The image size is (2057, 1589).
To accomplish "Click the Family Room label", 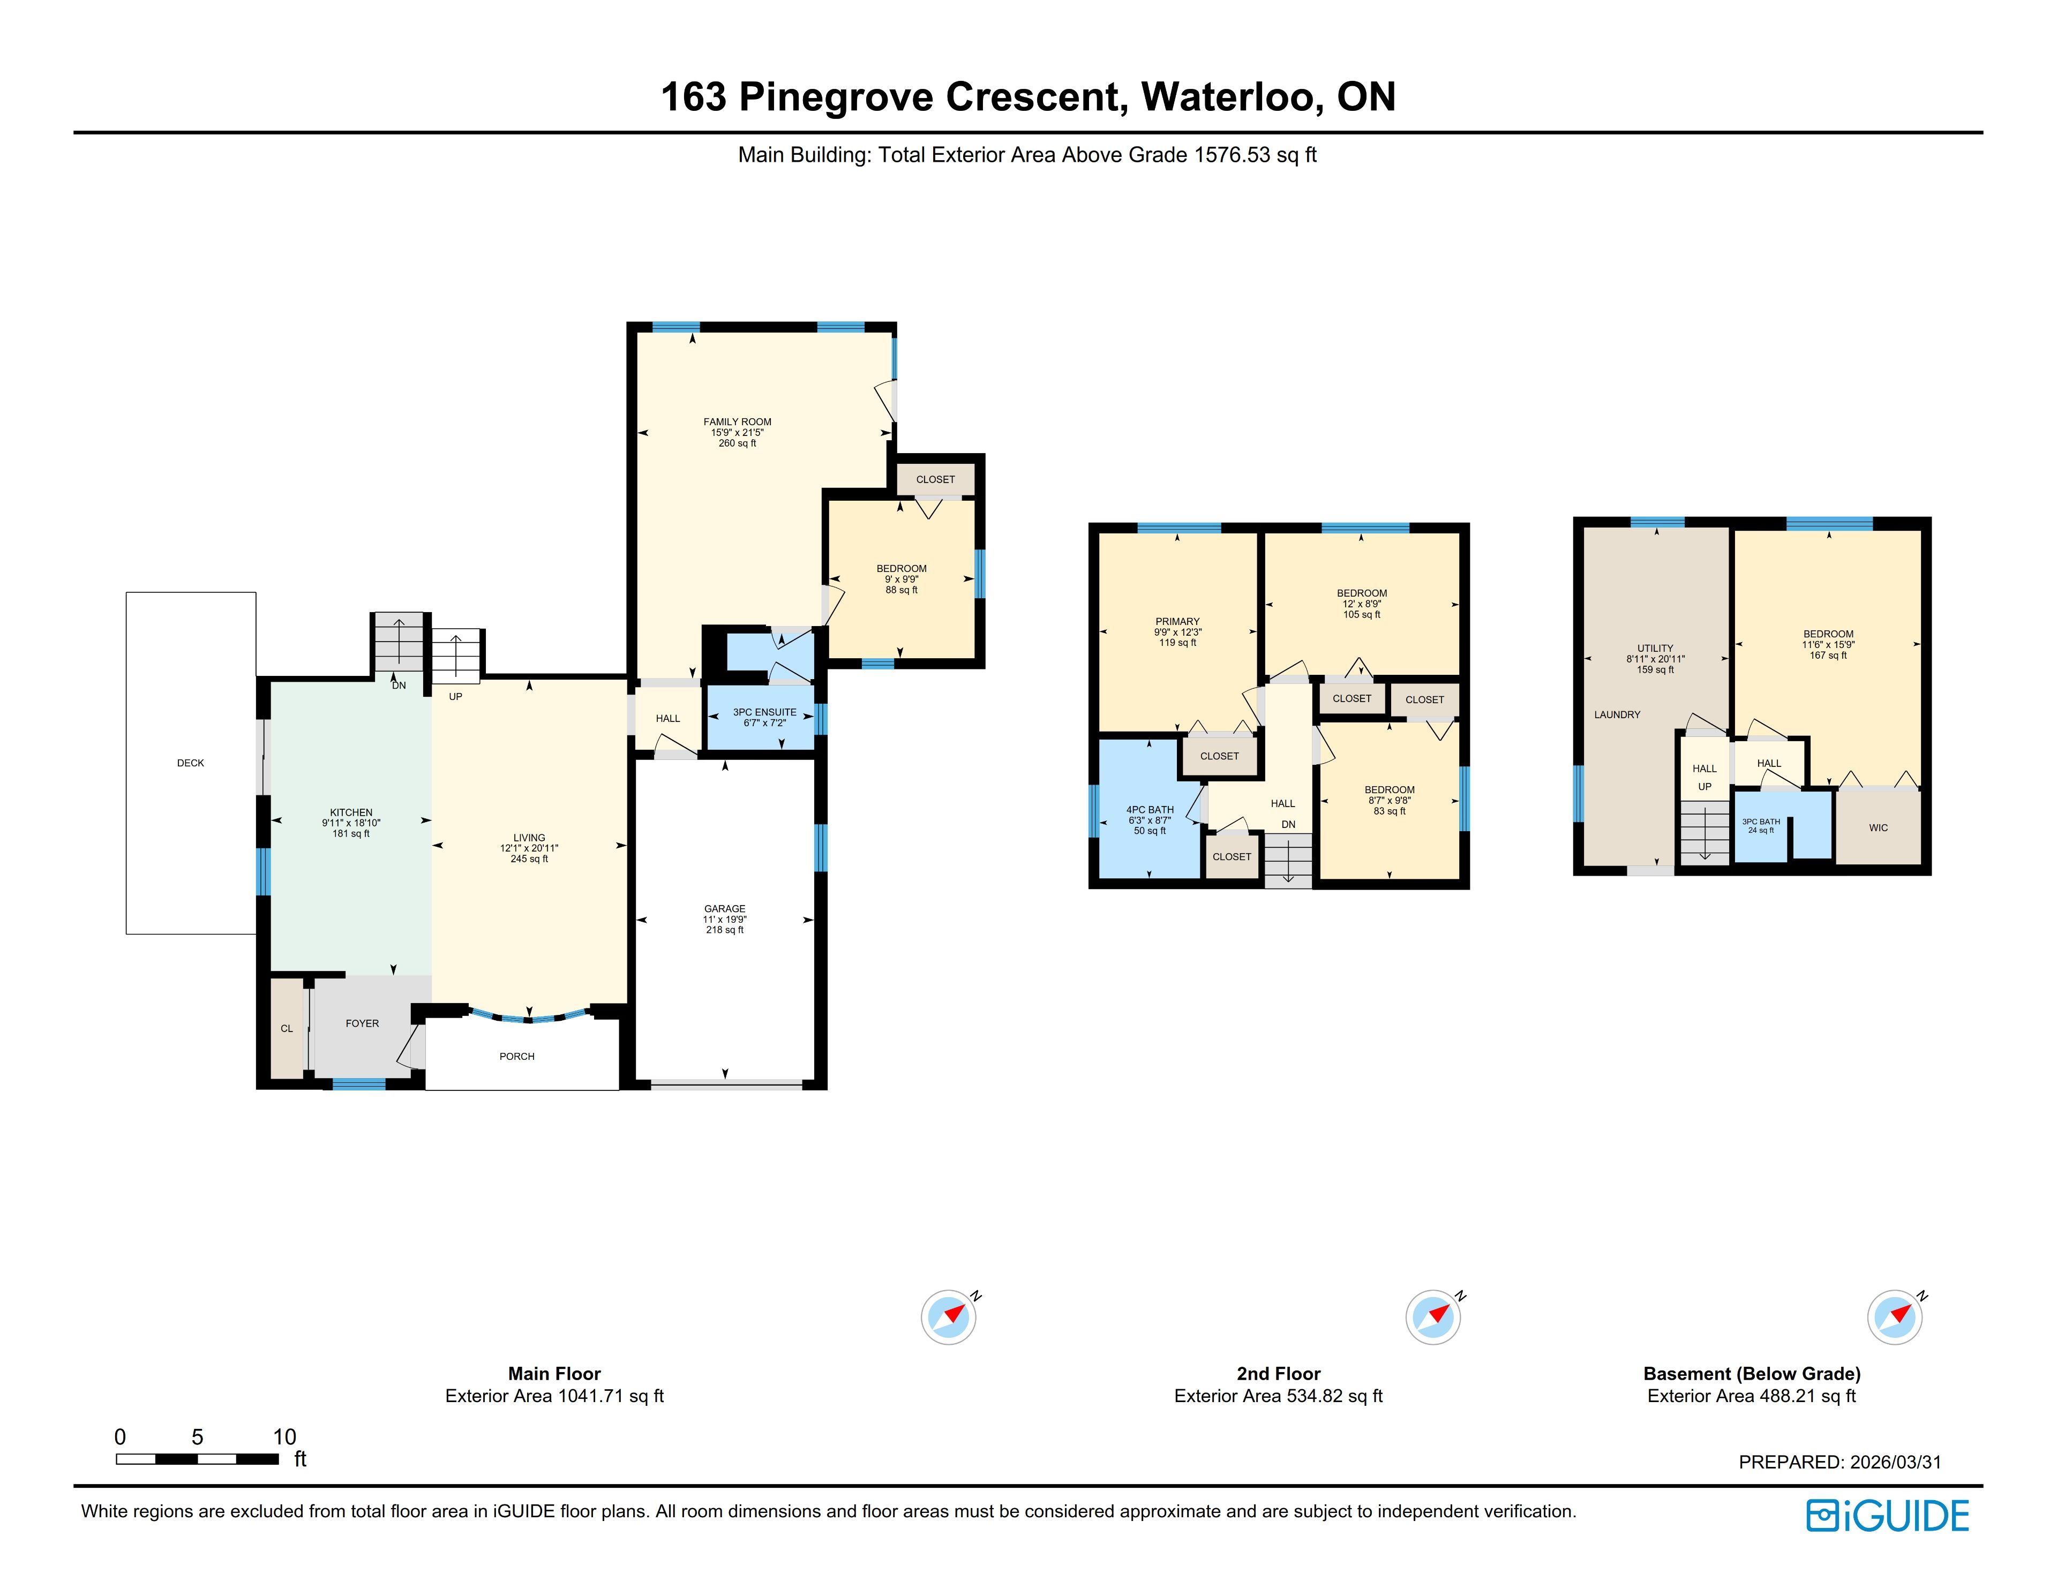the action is (738, 422).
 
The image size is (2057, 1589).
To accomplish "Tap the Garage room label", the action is (724, 909).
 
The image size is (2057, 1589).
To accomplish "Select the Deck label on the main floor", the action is (190, 763).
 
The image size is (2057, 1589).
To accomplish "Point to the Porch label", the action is (517, 1056).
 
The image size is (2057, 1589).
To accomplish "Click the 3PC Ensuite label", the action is (765, 712).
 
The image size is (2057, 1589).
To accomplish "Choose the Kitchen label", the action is (351, 812).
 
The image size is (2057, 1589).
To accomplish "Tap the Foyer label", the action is (363, 1023).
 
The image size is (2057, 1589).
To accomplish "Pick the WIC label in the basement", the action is (1878, 828).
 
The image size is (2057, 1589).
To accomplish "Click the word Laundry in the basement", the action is (1617, 715).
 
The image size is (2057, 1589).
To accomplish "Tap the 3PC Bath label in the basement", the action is (1761, 822).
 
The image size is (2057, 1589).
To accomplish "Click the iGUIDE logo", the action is (1888, 1516).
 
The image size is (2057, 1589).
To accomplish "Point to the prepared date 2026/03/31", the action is (1896, 1462).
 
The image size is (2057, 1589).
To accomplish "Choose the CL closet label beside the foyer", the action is (287, 1029).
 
